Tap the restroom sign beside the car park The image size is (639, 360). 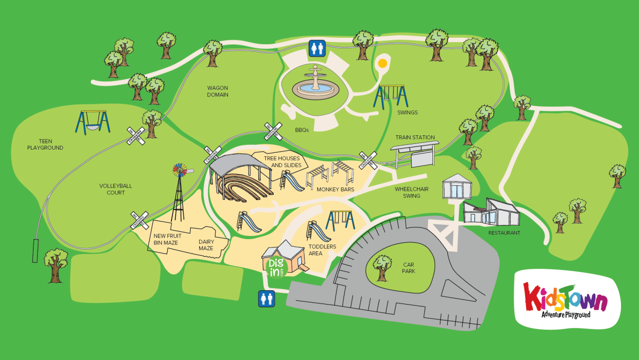266,299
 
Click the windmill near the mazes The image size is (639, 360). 179,192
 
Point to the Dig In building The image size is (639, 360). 285,258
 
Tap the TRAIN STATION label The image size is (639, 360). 415,137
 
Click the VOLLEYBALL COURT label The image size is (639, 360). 116,189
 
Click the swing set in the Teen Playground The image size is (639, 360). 94,122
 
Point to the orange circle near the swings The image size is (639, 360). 382,63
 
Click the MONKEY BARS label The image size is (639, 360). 335,189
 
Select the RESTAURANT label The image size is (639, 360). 504,233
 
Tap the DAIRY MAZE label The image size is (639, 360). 206,244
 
